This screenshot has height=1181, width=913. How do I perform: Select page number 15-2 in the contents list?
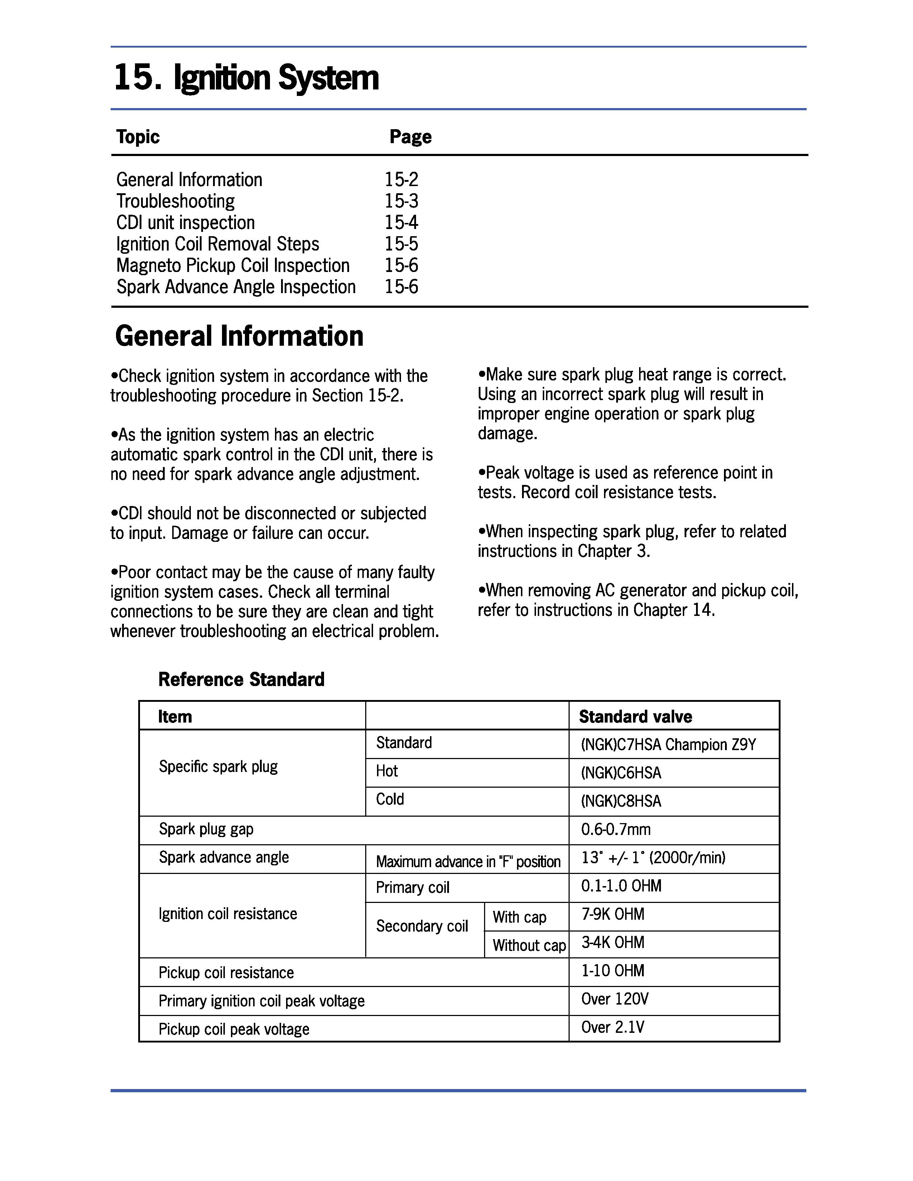[401, 180]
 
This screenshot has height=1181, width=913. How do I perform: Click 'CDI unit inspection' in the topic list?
[185, 223]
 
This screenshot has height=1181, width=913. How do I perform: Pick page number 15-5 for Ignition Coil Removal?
[401, 244]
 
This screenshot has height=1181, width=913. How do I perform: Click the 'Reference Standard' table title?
[241, 679]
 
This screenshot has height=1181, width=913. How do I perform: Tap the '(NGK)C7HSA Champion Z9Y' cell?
[668, 745]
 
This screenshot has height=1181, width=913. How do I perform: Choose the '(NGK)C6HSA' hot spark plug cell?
[621, 773]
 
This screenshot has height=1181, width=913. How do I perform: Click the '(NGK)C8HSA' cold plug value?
[621, 801]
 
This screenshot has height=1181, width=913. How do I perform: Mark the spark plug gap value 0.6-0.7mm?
[615, 830]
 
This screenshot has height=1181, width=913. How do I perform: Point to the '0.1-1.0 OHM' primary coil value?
[621, 886]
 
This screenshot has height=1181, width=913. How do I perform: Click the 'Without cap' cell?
[528, 945]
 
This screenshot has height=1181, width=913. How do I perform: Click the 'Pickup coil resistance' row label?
[226, 973]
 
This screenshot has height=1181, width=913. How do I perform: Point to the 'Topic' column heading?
[138, 137]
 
